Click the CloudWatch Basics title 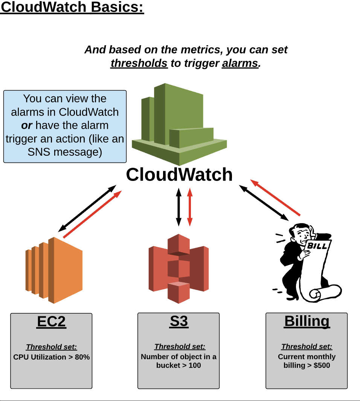[72, 8]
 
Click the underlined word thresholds [139, 63]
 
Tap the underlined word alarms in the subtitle [240, 63]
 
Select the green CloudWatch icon [179, 124]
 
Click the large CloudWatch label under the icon [179, 175]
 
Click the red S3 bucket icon [178, 269]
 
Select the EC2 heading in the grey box [51, 322]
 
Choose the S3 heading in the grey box [178, 322]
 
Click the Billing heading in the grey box [307, 322]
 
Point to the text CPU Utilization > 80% [51, 357]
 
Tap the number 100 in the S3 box [194, 365]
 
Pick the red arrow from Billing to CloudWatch [275, 198]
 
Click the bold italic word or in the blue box [27, 126]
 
